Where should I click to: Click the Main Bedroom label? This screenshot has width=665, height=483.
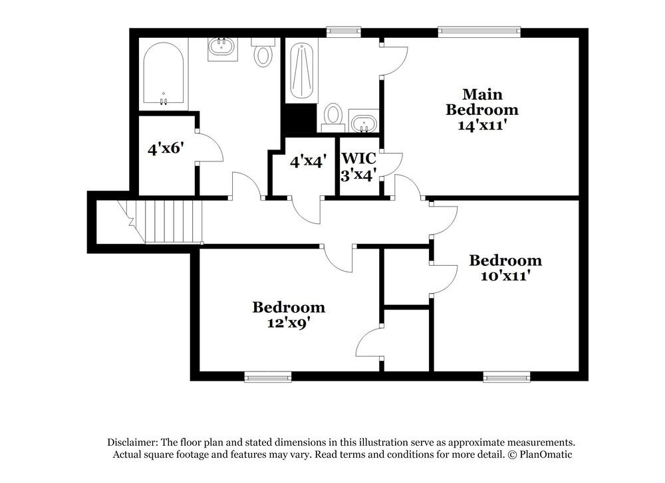click(x=482, y=102)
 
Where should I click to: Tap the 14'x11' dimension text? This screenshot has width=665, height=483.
click(x=482, y=124)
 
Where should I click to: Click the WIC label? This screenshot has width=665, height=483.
click(x=359, y=159)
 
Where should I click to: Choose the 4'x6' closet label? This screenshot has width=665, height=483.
click(x=165, y=148)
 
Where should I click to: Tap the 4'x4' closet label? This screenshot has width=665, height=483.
click(x=309, y=161)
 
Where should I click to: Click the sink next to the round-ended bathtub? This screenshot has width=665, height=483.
click(x=221, y=48)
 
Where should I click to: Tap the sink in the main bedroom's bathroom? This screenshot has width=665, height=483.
click(x=364, y=123)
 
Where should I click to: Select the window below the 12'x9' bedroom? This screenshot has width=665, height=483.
click(x=268, y=377)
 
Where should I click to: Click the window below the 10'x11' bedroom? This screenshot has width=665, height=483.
click(x=506, y=377)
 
